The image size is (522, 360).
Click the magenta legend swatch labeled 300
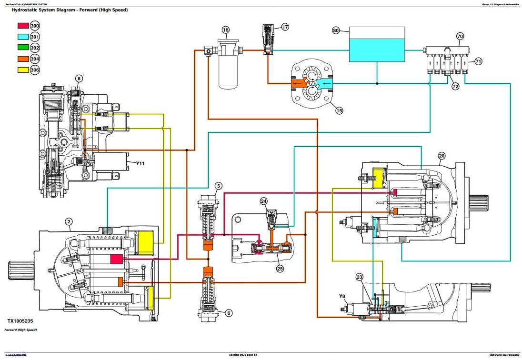click(x=22, y=26)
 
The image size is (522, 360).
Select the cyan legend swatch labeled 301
click(x=22, y=37)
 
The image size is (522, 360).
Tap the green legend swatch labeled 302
click(x=22, y=48)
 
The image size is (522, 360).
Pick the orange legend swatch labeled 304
click(x=22, y=59)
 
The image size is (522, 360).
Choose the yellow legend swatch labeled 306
click(x=22, y=70)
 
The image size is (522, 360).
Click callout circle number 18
click(x=226, y=30)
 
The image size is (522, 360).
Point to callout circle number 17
click(x=285, y=27)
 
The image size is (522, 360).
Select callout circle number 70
click(x=460, y=36)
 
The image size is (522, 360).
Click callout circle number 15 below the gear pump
click(x=339, y=110)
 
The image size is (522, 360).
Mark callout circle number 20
click(x=442, y=156)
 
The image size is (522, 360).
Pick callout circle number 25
click(x=280, y=269)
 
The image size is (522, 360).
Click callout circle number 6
click(x=229, y=313)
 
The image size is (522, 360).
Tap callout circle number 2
click(x=69, y=221)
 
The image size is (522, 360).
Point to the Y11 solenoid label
click(x=140, y=163)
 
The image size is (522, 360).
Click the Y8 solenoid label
click(x=342, y=297)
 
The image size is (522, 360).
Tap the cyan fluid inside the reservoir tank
click(x=377, y=50)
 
